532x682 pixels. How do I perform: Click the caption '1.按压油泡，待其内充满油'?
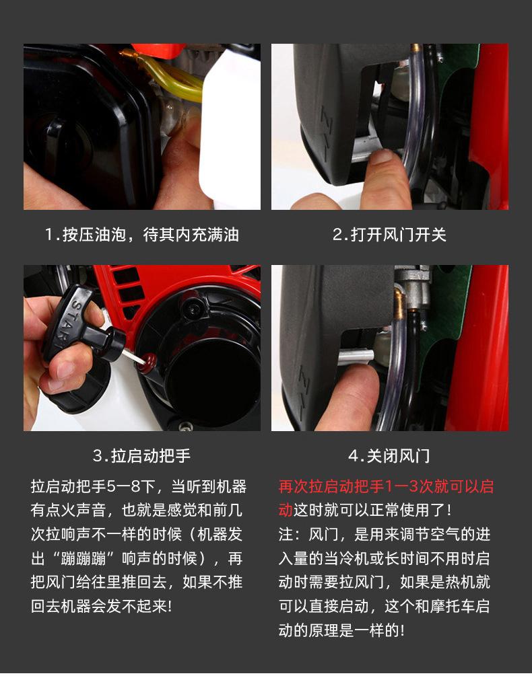[x=142, y=235]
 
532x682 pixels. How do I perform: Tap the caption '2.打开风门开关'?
[x=390, y=235]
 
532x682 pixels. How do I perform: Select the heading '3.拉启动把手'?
[x=142, y=456]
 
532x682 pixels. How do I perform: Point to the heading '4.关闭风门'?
[x=390, y=456]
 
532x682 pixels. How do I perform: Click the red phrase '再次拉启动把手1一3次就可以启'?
[x=386, y=487]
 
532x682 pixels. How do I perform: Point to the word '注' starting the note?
[x=286, y=535]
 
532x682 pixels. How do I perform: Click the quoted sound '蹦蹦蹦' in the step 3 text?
[x=83, y=558]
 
